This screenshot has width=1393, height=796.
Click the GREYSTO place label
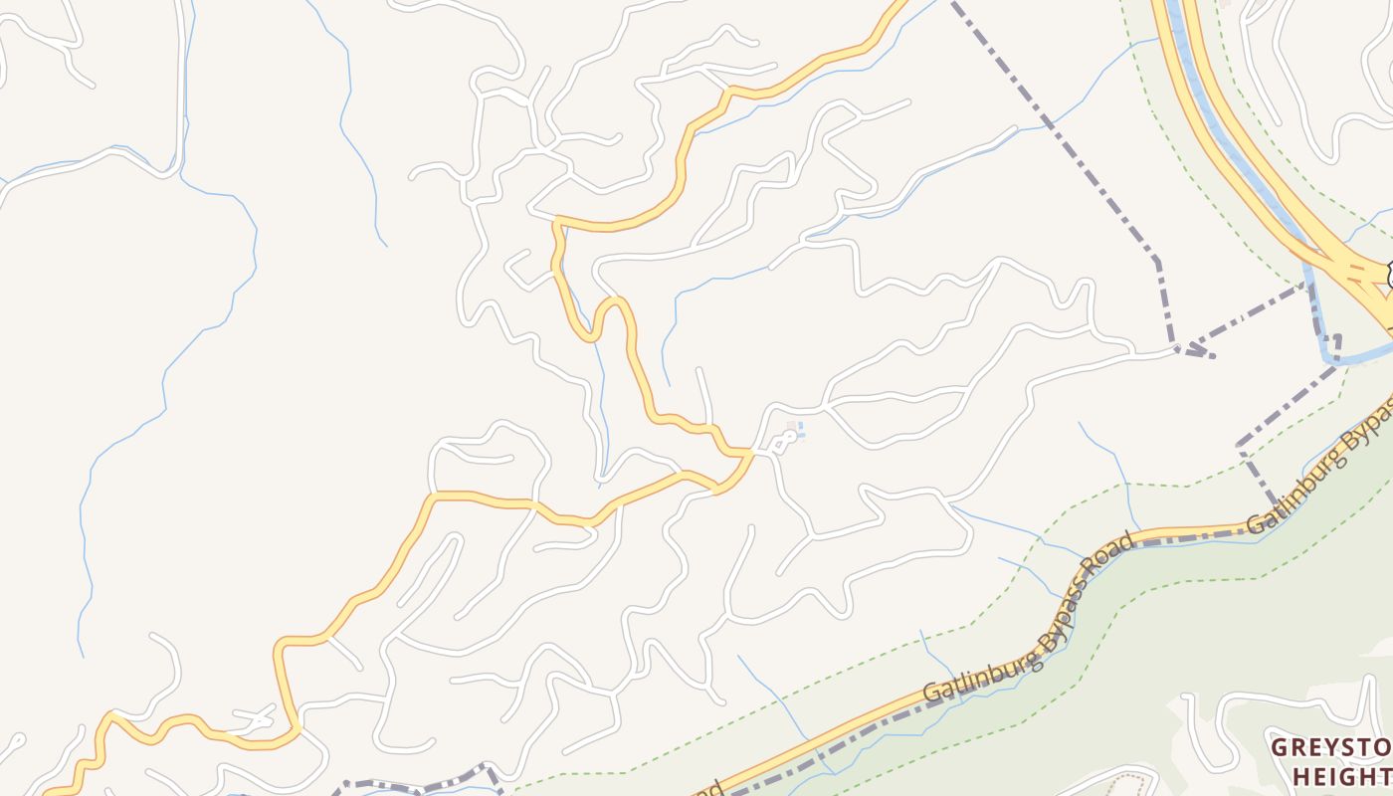tap(1331, 747)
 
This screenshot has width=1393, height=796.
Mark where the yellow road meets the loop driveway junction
tap(751, 454)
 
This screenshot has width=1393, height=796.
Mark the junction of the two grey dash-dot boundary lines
tap(1179, 347)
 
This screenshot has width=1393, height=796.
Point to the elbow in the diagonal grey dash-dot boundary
tap(1156, 261)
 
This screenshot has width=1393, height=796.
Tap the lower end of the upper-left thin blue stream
tap(384, 244)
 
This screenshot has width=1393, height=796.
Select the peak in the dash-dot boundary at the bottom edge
tap(485, 767)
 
